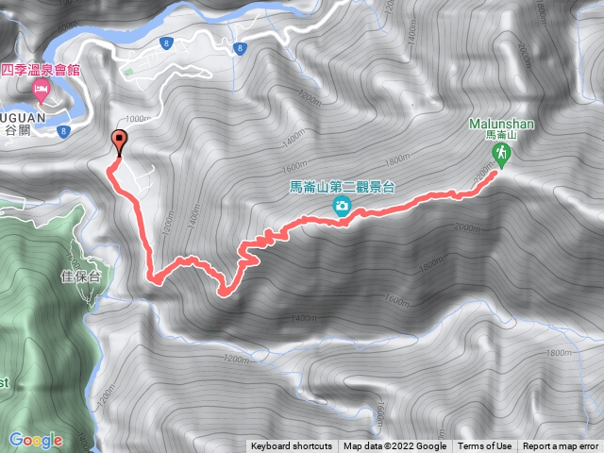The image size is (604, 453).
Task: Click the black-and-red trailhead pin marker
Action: [x=119, y=143]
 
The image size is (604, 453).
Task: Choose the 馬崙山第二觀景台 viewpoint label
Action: [x=342, y=186]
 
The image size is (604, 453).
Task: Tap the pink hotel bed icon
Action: [x=41, y=91]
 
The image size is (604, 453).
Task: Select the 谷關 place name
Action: [x=17, y=130]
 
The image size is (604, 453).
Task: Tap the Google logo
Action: [x=36, y=440]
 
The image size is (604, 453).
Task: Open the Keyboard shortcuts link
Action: [x=291, y=446]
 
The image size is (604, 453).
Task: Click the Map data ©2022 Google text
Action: [x=394, y=446]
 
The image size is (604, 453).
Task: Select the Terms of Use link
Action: [x=484, y=446]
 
